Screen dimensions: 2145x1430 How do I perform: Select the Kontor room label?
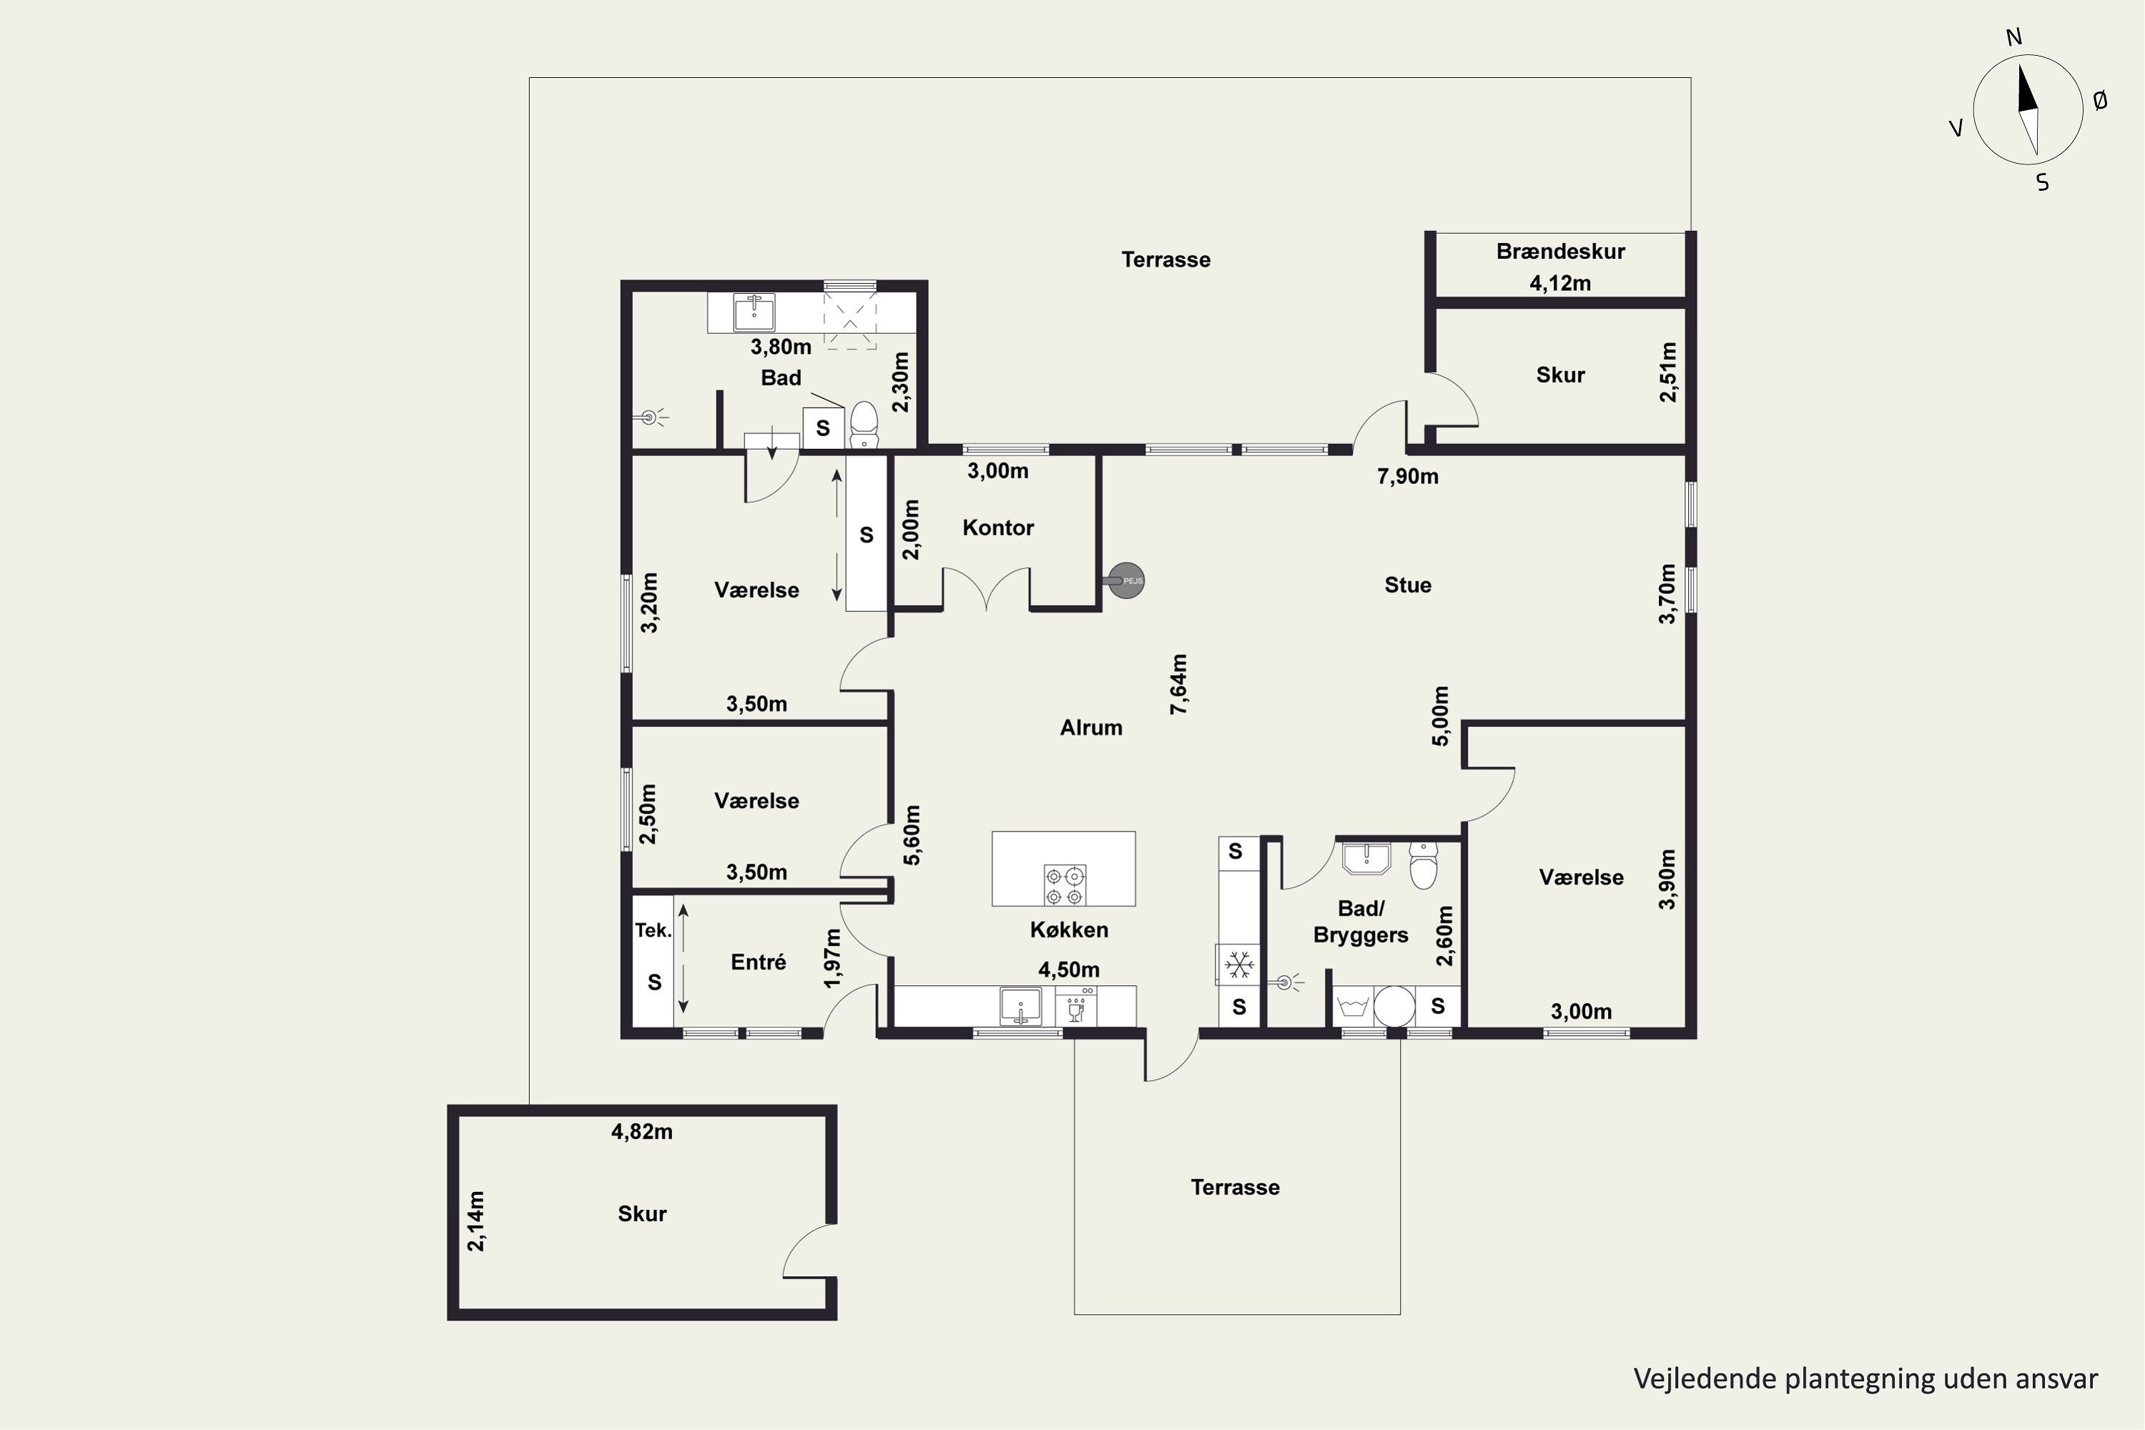pyautogui.click(x=997, y=528)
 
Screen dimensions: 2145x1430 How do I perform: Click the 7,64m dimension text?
pyautogui.click(x=1179, y=684)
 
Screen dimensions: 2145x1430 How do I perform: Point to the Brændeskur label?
pyautogui.click(x=1560, y=252)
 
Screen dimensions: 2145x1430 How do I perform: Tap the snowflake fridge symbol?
pyautogui.click(x=1238, y=964)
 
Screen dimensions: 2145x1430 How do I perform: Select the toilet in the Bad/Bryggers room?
pyautogui.click(x=1424, y=864)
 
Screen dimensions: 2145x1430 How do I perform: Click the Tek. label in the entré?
pyautogui.click(x=653, y=930)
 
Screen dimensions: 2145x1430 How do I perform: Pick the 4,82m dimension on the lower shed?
pyautogui.click(x=642, y=1132)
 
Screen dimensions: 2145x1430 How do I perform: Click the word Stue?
pyautogui.click(x=1407, y=586)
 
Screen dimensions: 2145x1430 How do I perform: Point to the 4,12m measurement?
pyautogui.click(x=1560, y=284)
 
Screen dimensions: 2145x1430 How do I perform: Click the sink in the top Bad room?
pyautogui.click(x=754, y=312)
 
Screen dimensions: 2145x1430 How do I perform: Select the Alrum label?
pyautogui.click(x=1091, y=728)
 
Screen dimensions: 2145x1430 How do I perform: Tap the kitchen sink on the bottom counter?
pyautogui.click(x=1020, y=1006)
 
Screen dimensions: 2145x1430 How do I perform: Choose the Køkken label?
pyautogui.click(x=1069, y=930)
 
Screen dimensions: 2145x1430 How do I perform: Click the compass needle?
pyautogui.click(x=2028, y=109)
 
